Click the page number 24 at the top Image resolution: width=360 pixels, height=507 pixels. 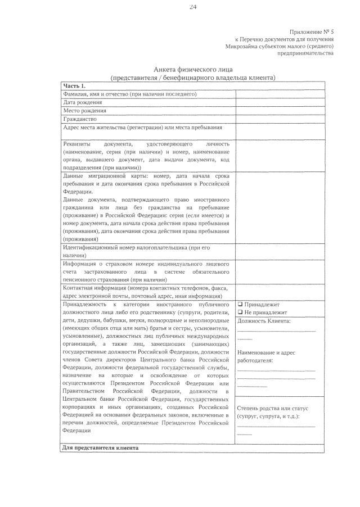(193, 7)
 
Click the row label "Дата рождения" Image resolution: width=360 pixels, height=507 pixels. (82, 102)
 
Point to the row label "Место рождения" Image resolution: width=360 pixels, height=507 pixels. (84, 111)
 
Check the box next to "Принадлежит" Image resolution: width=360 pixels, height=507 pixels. (240, 304)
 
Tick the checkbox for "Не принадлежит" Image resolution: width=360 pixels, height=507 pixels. (240, 312)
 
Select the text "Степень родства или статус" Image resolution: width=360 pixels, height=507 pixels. (272, 408)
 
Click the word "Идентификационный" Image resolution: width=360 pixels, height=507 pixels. (90, 247)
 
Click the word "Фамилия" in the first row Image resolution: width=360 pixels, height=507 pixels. (74, 94)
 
